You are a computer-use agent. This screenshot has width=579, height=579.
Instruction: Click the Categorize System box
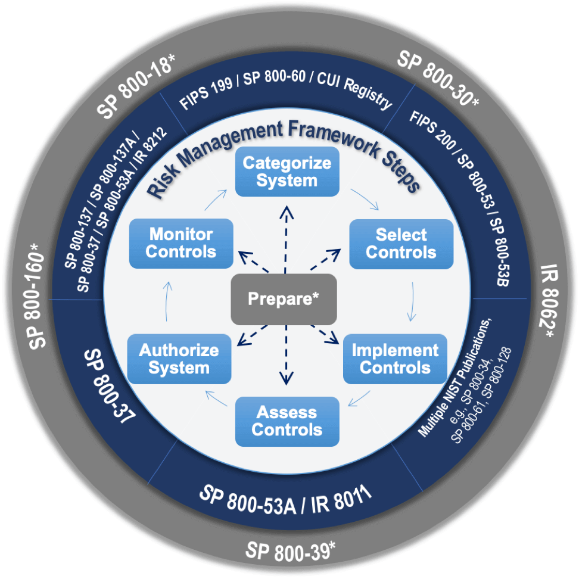[x=287, y=172]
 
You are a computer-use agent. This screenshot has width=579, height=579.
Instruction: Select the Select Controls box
[x=401, y=244]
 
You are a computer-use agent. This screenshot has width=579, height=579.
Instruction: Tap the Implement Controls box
[x=395, y=359]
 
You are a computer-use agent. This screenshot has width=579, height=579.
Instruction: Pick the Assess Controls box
[x=287, y=422]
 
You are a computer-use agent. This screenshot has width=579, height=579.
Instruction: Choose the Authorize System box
[x=179, y=359]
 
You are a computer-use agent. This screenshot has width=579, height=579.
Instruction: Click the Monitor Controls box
[x=181, y=244]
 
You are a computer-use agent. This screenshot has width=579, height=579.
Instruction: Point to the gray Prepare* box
[x=284, y=299]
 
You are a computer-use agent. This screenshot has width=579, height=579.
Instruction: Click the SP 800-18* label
[x=135, y=86]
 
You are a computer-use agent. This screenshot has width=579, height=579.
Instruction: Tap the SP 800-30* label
[x=438, y=78]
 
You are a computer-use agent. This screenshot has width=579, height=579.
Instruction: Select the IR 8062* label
[x=548, y=301]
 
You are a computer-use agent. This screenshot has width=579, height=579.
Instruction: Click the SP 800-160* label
[x=37, y=295]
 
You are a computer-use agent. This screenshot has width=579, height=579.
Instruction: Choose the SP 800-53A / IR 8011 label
[x=285, y=500]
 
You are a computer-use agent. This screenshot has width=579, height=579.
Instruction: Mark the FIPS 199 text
[x=206, y=94]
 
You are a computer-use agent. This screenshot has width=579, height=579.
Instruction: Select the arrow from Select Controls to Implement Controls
[x=412, y=301]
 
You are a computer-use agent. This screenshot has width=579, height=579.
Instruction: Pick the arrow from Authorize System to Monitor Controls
[x=167, y=301]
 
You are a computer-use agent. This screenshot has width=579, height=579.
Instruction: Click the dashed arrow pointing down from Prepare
[x=286, y=355]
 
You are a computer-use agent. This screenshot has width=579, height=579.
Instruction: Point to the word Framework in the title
[x=334, y=138]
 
